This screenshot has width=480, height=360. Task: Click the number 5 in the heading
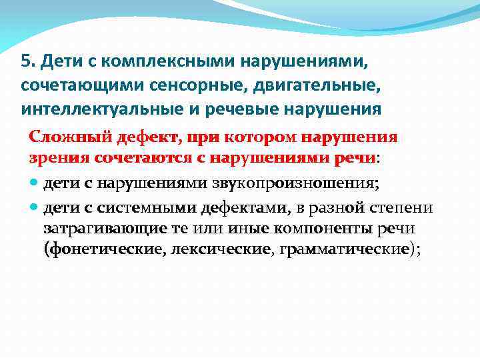(x=25, y=62)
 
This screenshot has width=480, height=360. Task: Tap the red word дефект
(x=136, y=137)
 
